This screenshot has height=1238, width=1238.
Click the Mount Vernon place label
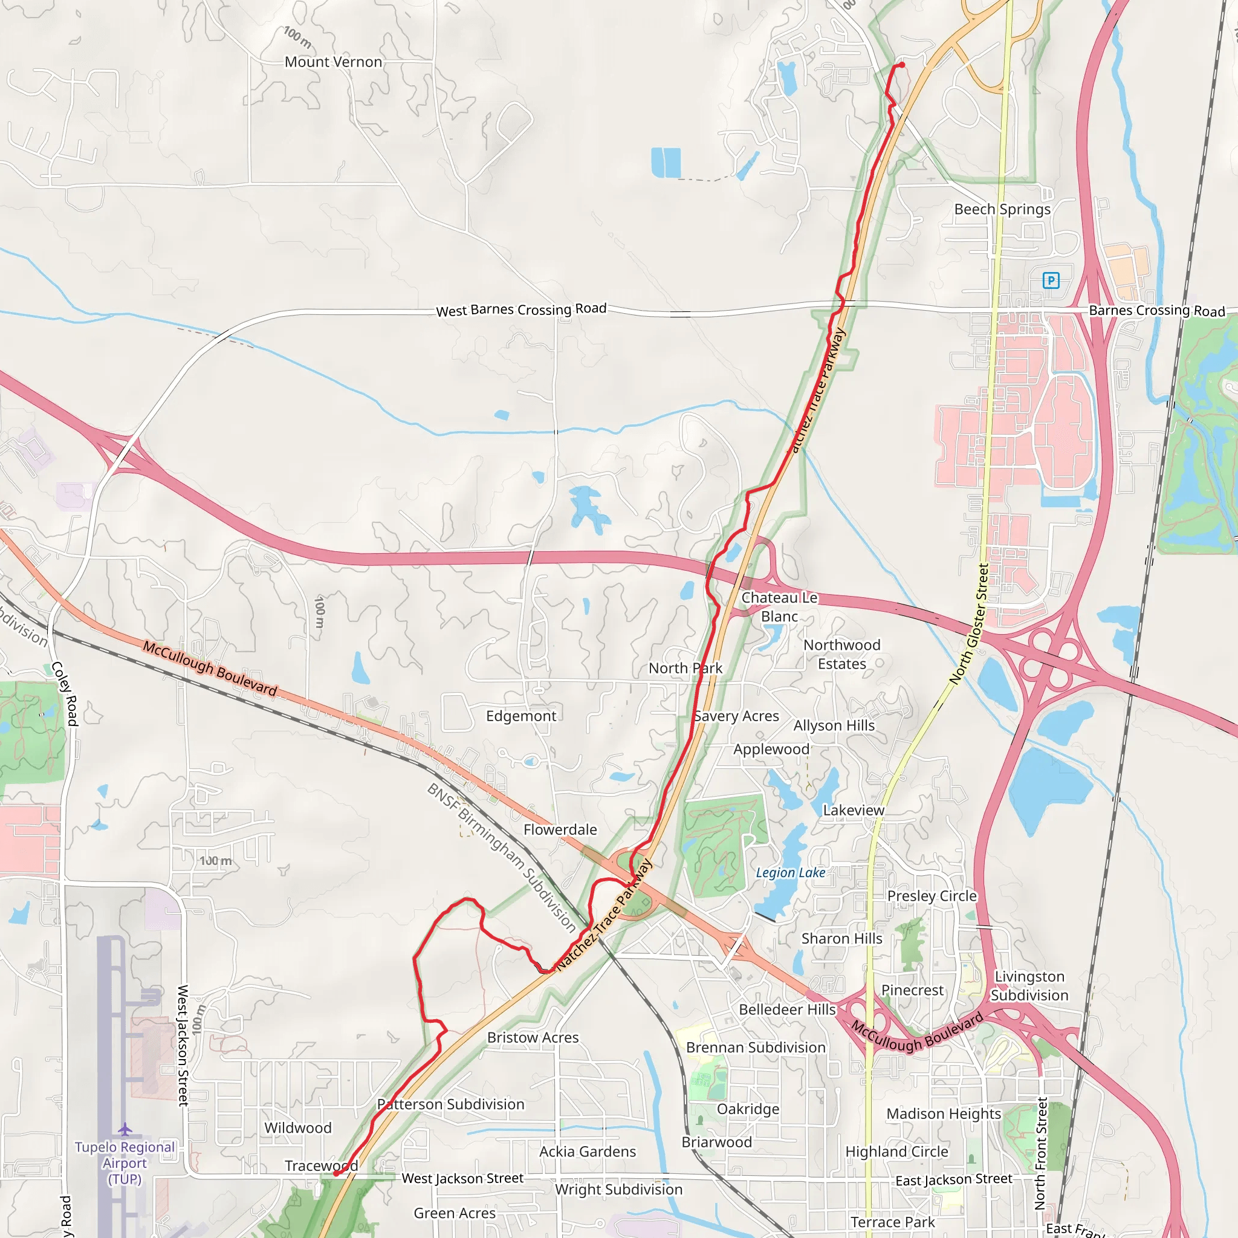(x=333, y=62)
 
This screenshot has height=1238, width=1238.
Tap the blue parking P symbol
(x=1051, y=280)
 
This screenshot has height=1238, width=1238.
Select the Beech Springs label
(x=1002, y=210)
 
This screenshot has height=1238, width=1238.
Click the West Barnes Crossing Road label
(x=521, y=309)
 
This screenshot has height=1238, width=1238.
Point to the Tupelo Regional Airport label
(x=125, y=1163)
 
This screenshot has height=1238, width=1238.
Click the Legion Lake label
(x=790, y=873)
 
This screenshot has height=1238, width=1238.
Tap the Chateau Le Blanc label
(x=779, y=607)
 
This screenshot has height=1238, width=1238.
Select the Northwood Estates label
(x=841, y=654)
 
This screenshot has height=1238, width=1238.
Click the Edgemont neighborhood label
(x=521, y=716)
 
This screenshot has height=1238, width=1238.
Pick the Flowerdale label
(x=560, y=829)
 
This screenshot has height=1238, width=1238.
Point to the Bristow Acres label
(x=533, y=1037)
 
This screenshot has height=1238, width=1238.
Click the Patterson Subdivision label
(x=450, y=1104)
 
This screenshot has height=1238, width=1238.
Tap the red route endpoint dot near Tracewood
(x=335, y=1174)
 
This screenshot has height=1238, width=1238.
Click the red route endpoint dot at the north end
(x=901, y=65)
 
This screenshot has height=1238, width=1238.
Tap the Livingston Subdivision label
(x=1029, y=985)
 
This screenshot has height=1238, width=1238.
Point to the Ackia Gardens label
(x=588, y=1152)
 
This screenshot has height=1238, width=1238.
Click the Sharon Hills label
(x=841, y=939)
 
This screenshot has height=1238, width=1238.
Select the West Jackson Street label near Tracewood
(x=462, y=1178)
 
